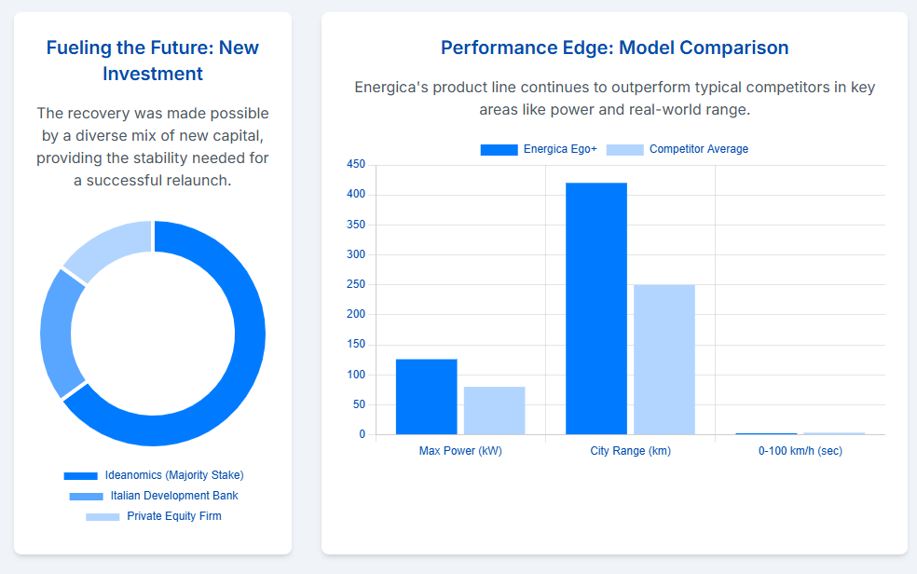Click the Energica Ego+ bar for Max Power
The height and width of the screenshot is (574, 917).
(x=427, y=397)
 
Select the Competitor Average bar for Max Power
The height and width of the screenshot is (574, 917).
(x=495, y=410)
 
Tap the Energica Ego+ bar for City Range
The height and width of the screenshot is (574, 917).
(x=596, y=308)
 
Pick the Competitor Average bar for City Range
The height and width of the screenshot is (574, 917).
(x=664, y=359)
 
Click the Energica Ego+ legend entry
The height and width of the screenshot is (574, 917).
(x=539, y=149)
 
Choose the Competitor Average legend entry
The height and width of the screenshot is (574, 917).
(x=677, y=149)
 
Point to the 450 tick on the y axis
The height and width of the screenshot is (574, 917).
(x=356, y=165)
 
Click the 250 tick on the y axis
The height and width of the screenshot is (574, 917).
(x=356, y=285)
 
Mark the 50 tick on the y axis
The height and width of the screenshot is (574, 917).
(x=359, y=404)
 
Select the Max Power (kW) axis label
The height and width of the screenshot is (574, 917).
(x=460, y=451)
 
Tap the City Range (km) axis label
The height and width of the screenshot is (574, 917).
(x=631, y=451)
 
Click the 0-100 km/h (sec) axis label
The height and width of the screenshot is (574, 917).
(x=801, y=451)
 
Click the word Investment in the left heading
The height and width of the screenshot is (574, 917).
(x=153, y=74)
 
